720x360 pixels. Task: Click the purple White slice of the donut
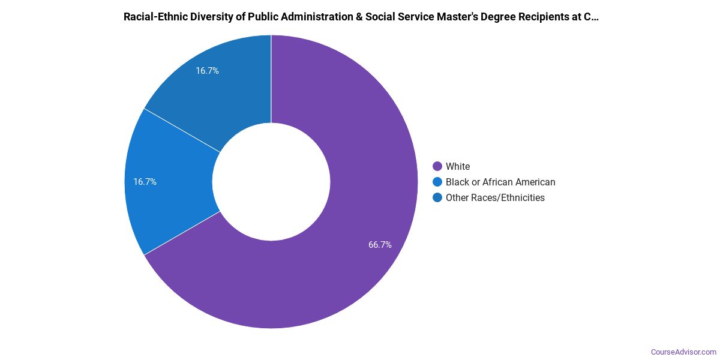pos(360,228)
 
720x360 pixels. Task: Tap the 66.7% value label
pos(380,245)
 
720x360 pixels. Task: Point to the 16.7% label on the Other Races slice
pos(207,71)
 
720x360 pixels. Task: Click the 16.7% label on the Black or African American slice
pos(145,182)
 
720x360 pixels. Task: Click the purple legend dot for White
pos(437,166)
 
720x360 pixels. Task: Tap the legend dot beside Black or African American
pos(437,182)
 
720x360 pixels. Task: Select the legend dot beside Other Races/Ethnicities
pos(437,197)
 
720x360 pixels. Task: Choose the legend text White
pos(458,166)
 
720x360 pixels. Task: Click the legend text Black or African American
pos(500,182)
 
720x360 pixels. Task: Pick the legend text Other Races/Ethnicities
pos(495,197)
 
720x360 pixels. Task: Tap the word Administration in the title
pos(311,17)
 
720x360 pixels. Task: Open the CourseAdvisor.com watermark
pos(683,352)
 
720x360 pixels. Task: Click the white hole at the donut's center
pos(271,182)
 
